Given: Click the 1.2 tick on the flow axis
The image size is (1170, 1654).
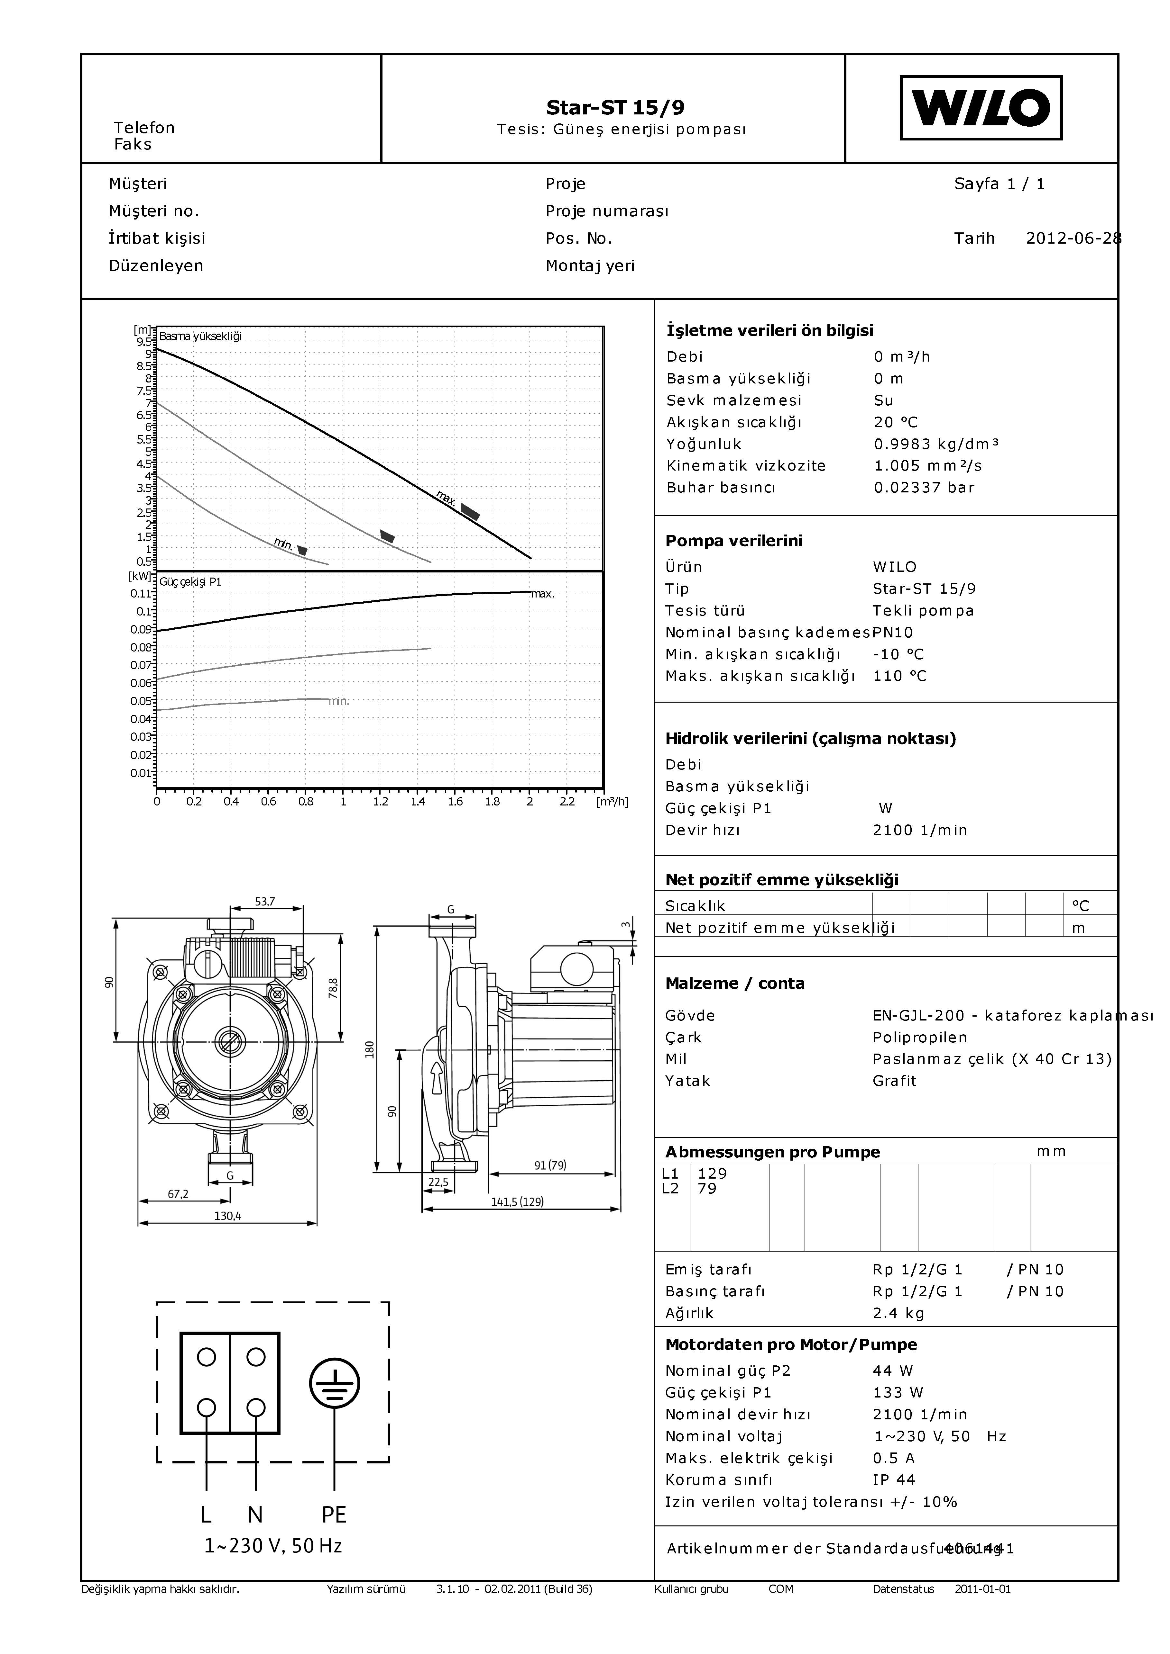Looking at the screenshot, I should click(x=381, y=801).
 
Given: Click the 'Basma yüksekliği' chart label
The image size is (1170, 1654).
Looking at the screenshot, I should click(x=200, y=337).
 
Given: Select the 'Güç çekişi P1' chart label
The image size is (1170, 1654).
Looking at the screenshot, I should click(x=190, y=582).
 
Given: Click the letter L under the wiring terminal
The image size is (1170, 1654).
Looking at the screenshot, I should click(x=206, y=1515).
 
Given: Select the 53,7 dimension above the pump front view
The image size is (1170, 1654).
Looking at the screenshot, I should click(x=265, y=901).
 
